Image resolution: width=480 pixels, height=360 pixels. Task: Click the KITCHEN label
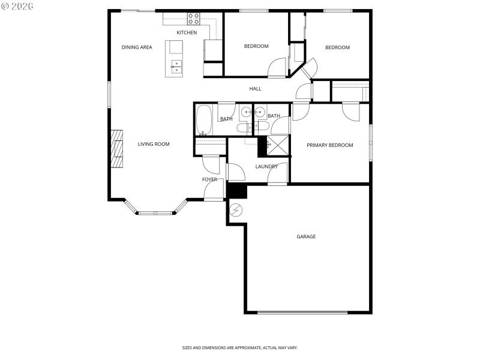point(186,32)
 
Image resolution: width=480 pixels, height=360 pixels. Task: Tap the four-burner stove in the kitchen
point(193,18)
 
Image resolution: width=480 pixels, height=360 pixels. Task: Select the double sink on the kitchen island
point(176,66)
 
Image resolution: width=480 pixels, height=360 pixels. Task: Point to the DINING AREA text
point(137,47)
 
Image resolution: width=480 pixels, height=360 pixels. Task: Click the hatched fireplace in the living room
point(116,148)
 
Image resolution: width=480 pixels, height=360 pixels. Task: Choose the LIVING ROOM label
point(154,144)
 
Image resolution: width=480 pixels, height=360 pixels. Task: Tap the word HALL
point(256,89)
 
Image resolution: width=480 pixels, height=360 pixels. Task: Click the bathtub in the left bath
point(204,119)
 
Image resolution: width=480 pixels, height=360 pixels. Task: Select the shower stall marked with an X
point(278,146)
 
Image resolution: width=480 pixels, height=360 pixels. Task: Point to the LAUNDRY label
point(266,167)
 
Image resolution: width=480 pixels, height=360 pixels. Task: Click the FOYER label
point(209,179)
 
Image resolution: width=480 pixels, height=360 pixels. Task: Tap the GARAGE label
point(306,236)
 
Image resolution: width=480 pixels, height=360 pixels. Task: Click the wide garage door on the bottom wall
point(302,312)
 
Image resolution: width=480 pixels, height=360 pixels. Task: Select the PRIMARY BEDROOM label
point(329,145)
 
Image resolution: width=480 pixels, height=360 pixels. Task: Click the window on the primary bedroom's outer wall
point(371,142)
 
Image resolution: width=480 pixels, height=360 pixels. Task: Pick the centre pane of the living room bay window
point(155,212)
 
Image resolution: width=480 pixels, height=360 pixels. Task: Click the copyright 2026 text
point(17,5)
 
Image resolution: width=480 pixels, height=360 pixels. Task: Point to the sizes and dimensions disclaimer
point(240,347)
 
